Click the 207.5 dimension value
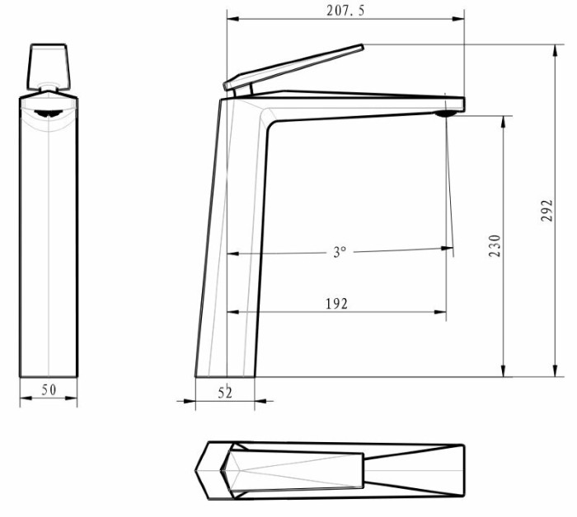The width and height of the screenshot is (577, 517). click(x=345, y=10)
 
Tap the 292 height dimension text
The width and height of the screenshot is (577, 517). click(x=547, y=210)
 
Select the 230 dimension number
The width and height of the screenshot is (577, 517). click(x=495, y=245)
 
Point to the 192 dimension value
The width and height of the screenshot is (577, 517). click(x=336, y=304)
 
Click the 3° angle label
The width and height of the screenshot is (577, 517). click(x=340, y=252)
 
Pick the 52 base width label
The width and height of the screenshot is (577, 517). click(x=225, y=393)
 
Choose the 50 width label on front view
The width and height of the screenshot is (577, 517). click(x=49, y=390)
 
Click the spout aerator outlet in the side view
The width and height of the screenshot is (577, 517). click(x=447, y=113)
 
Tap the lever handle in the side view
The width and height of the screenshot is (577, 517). click(x=293, y=68)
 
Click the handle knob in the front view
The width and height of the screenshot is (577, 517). click(x=48, y=67)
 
